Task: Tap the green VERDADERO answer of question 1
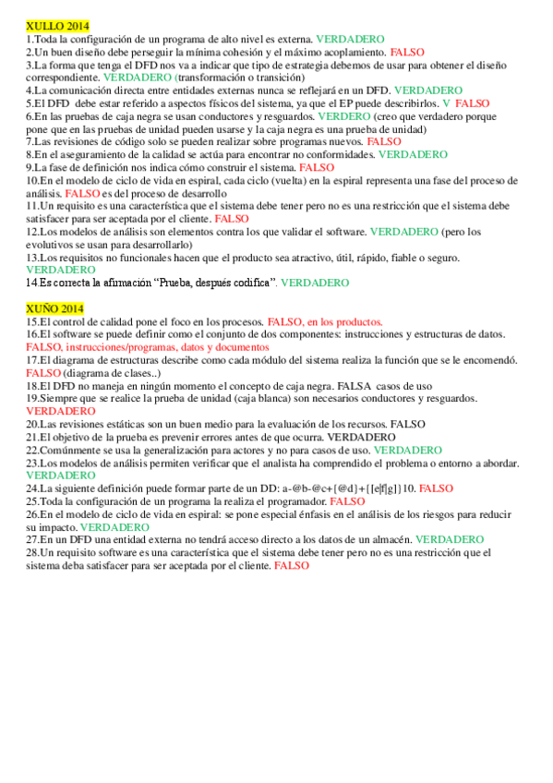pyautogui.click(x=350, y=41)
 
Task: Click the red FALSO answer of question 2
pyautogui.click(x=406, y=54)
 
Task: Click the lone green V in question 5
pyautogui.click(x=446, y=104)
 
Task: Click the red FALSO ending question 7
pyautogui.click(x=384, y=142)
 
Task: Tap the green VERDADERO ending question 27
pyautogui.click(x=449, y=538)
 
